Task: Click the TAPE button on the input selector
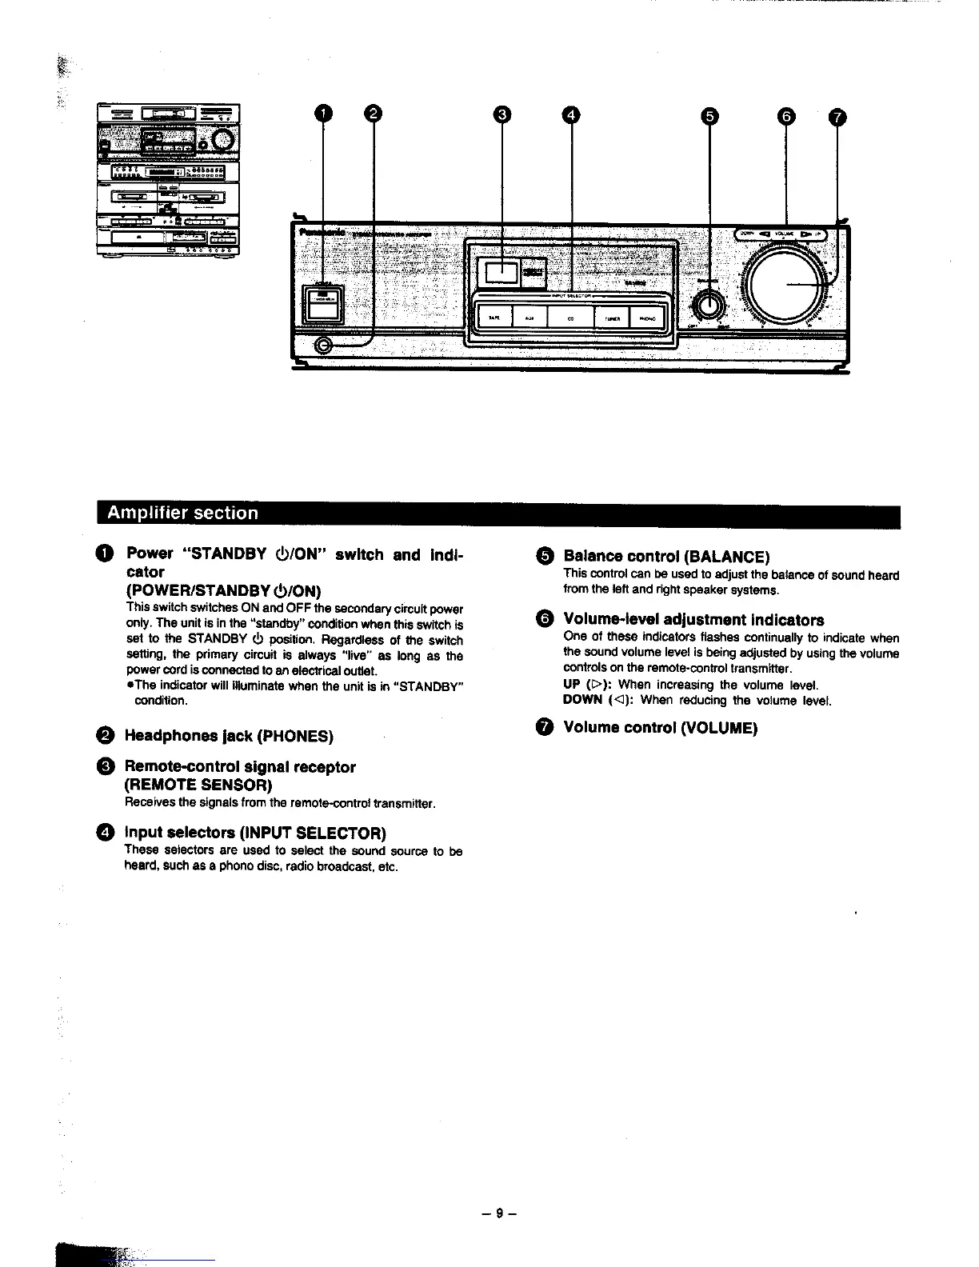click(493, 318)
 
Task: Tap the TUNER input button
click(613, 318)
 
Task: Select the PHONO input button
click(648, 318)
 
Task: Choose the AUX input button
click(529, 318)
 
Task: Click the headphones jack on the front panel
click(324, 346)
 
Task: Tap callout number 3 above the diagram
click(501, 115)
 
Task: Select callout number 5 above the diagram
click(709, 117)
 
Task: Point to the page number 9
click(500, 1213)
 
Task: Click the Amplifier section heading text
click(182, 513)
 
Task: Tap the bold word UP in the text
click(572, 685)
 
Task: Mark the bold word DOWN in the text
click(582, 700)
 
